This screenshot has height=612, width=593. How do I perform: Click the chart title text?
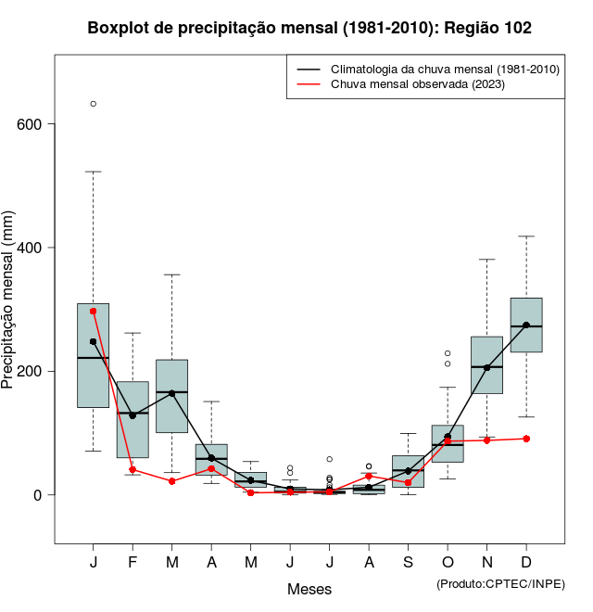[309, 28]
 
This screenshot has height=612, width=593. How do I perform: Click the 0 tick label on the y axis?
[38, 495]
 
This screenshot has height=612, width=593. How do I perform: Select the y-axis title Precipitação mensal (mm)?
[9, 311]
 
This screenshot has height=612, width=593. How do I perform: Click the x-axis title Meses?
[309, 589]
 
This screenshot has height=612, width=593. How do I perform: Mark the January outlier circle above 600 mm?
[94, 104]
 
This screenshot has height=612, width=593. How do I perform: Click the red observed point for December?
[526, 439]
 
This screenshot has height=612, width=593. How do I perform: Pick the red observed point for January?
[94, 312]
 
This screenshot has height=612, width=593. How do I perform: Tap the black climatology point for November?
[486, 368]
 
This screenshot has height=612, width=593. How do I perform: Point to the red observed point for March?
[172, 481]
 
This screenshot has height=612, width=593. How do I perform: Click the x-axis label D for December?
[526, 563]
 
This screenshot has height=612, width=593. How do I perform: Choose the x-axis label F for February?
[132, 563]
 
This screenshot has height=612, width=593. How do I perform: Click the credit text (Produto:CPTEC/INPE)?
[500, 583]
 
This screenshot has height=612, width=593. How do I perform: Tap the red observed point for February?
[132, 470]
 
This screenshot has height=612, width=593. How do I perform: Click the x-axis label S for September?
[408, 563]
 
